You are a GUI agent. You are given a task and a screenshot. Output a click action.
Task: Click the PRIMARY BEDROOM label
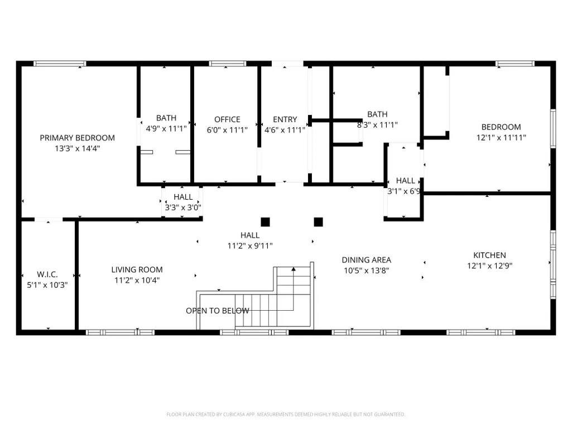(x=78, y=138)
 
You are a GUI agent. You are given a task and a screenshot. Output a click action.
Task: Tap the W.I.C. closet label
(x=47, y=274)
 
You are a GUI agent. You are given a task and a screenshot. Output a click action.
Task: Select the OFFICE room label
(x=227, y=119)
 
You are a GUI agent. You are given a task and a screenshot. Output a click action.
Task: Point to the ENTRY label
(x=285, y=119)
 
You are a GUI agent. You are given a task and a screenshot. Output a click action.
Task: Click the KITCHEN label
(x=489, y=256)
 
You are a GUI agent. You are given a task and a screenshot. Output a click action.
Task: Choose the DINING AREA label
(x=366, y=260)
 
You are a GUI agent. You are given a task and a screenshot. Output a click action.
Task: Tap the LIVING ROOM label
(x=137, y=269)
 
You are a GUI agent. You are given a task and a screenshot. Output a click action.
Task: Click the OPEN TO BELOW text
(x=218, y=311)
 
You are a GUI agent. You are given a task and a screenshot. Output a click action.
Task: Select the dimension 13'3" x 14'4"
(x=78, y=148)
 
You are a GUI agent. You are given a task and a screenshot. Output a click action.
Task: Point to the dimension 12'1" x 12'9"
(x=489, y=266)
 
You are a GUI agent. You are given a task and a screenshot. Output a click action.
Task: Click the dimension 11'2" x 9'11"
(x=250, y=246)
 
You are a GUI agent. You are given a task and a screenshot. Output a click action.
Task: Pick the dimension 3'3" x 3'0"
(x=183, y=208)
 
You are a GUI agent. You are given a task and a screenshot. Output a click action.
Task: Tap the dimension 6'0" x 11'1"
(x=227, y=130)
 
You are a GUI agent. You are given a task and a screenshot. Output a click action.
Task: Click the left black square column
(x=265, y=222)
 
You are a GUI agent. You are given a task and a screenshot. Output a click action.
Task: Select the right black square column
(x=319, y=222)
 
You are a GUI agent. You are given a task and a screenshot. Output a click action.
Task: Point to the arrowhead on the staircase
(x=294, y=269)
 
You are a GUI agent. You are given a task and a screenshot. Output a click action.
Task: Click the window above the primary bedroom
(x=60, y=64)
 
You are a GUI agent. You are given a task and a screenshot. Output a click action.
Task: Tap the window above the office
(x=228, y=64)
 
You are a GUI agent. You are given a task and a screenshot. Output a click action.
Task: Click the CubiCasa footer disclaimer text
(x=286, y=414)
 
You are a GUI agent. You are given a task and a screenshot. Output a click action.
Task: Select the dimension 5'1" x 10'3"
(x=47, y=285)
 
